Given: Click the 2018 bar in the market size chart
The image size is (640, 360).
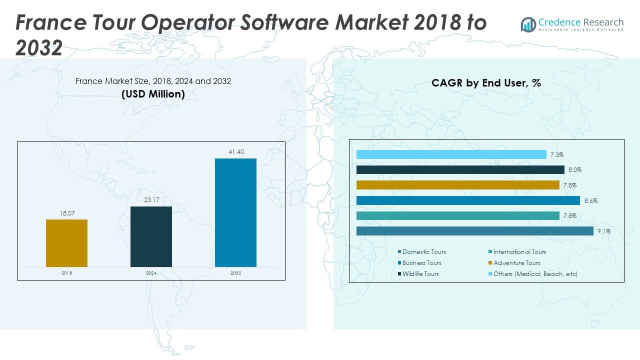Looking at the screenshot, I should (66, 243).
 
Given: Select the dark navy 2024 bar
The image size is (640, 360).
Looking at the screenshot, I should (151, 236).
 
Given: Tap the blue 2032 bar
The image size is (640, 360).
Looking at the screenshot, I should (235, 212).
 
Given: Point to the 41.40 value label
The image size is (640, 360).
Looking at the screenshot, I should (235, 151).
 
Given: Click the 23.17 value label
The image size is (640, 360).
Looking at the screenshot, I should (151, 199).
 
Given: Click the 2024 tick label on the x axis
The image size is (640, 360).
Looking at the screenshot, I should (151, 273).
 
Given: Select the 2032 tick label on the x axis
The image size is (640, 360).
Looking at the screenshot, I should (235, 273).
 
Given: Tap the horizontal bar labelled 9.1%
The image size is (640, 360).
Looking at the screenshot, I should (474, 231).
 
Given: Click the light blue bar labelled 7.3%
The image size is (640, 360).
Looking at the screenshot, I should (451, 154).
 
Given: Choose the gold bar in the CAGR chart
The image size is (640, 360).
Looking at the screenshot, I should (457, 185).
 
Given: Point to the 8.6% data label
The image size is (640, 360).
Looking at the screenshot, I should (590, 200).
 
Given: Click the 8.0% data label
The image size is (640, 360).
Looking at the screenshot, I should (574, 170).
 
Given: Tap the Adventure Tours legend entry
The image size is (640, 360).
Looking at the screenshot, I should (516, 263).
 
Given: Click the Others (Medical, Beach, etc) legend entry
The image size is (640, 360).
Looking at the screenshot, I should (534, 274).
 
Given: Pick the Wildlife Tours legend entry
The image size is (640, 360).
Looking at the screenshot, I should (420, 274).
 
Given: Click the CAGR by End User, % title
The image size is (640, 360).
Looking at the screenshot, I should (486, 83).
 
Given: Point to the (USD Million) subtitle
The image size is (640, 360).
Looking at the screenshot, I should (153, 94).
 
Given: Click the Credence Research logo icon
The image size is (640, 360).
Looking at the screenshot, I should (528, 24).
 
